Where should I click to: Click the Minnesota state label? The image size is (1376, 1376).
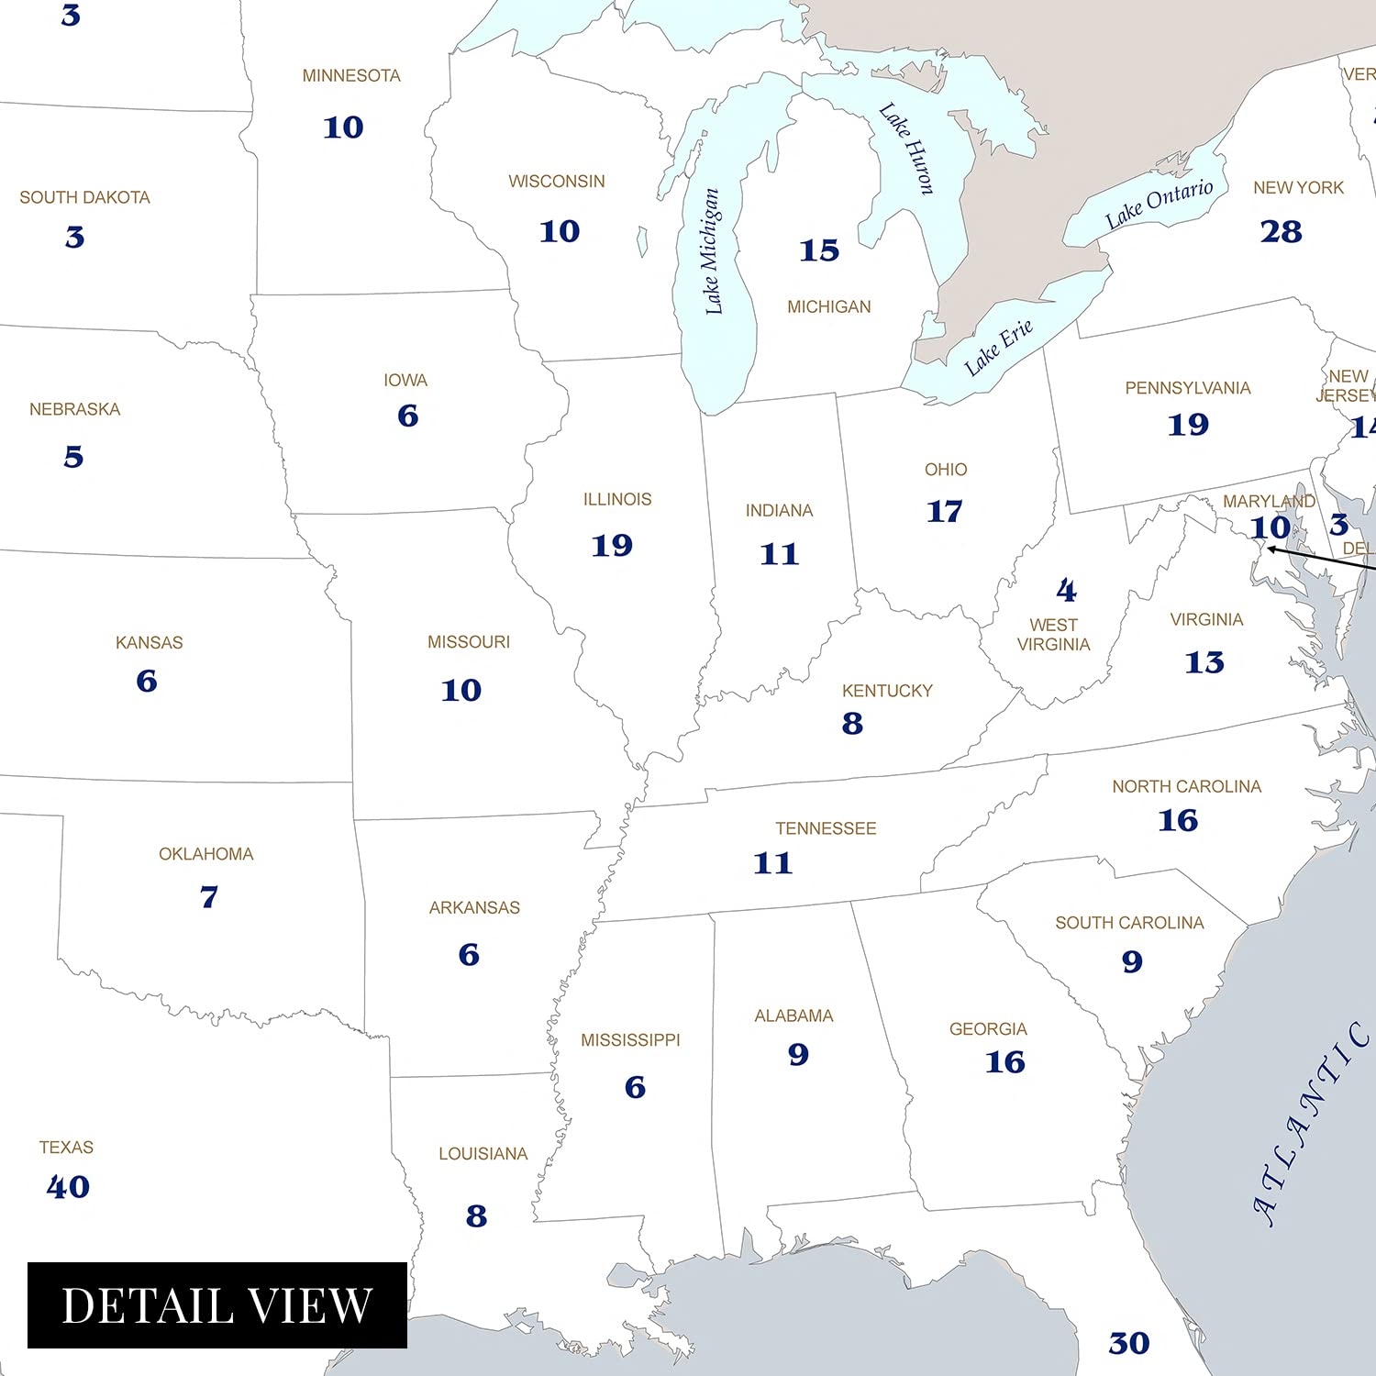(351, 76)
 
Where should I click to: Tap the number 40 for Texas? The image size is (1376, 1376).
(68, 1187)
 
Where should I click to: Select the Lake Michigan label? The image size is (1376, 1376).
(712, 251)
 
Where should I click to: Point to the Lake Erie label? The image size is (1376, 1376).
(998, 348)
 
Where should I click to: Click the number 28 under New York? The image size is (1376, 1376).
(1281, 231)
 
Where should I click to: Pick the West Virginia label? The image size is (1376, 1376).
(1053, 635)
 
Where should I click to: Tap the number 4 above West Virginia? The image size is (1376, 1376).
(1066, 590)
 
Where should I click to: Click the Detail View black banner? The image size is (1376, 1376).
(217, 1305)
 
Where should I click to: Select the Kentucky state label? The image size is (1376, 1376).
(887, 691)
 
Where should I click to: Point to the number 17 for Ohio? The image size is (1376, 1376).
(945, 511)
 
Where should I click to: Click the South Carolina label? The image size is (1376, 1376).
(1129, 923)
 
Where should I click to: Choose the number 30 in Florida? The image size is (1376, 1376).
(1128, 1343)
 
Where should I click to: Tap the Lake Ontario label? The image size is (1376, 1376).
(1159, 205)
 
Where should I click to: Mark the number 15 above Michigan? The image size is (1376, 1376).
(819, 250)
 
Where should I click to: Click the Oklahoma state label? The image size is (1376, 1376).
(205, 854)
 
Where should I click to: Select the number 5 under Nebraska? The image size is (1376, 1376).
(73, 457)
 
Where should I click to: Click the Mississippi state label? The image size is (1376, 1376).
(630, 1040)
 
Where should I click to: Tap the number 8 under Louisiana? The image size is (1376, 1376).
(476, 1216)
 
